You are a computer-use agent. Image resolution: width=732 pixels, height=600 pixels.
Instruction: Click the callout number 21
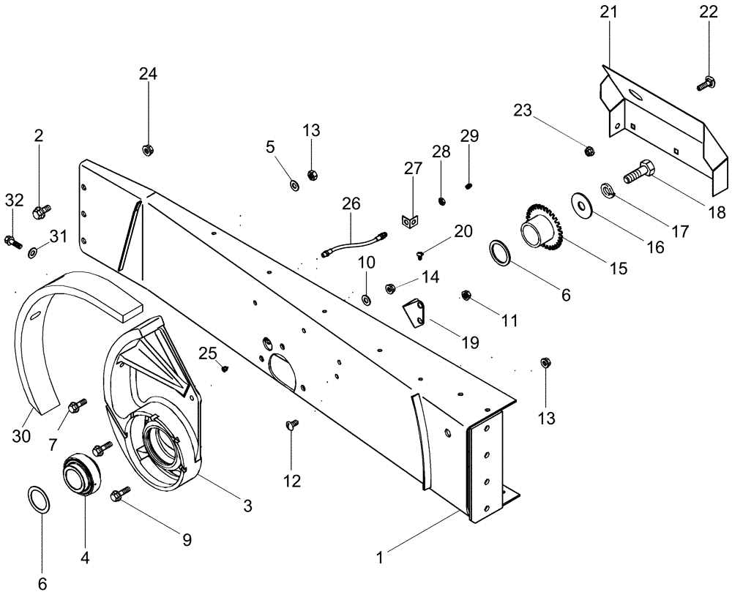pos(610,12)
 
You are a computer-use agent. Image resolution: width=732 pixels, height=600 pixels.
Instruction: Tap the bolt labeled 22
pos(706,83)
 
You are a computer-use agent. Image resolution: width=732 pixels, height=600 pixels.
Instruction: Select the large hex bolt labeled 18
pos(641,173)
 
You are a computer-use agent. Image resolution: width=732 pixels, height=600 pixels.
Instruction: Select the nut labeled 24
pos(146,151)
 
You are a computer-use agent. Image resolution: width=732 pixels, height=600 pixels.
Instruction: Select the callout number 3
pos(247,505)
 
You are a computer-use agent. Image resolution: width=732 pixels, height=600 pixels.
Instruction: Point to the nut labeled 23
pos(589,151)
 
